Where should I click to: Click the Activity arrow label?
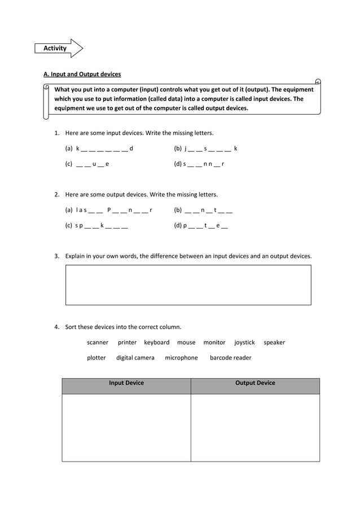(56, 49)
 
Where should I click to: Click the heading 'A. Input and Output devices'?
(82, 74)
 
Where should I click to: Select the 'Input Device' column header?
(126, 383)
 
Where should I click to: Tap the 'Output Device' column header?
(255, 383)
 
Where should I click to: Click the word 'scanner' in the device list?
(98, 343)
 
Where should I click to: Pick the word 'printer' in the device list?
(127, 343)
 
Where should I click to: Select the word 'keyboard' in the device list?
(156, 343)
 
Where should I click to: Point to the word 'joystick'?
(244, 343)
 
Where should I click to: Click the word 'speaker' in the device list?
(274, 343)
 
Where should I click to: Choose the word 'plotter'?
(96, 358)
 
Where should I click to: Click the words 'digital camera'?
(135, 358)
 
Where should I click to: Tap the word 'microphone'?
(181, 358)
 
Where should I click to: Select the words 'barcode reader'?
(230, 358)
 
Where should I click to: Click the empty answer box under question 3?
(188, 285)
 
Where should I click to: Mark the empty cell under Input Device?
(126, 428)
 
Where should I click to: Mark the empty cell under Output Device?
(255, 428)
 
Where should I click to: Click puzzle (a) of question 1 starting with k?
(99, 149)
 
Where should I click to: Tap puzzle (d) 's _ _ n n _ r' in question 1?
(199, 164)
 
